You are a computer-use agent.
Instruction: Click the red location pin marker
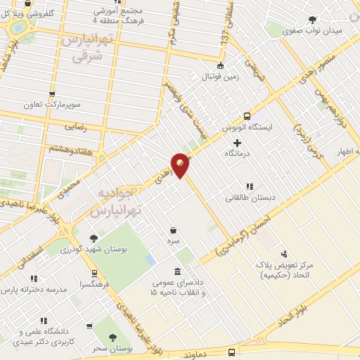[x=180, y=165]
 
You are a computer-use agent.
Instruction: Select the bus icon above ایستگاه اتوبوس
[x=247, y=116]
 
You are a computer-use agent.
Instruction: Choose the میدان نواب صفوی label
[x=313, y=31]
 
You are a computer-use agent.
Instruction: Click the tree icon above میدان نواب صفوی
[x=312, y=20]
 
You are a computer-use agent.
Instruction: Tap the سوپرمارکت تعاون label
[x=51, y=105]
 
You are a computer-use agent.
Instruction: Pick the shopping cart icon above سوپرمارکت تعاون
[x=51, y=94]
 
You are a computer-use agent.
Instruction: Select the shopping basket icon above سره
[x=172, y=230]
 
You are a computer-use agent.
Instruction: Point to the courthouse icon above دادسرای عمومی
[x=176, y=271]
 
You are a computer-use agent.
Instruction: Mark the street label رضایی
[x=75, y=127]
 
